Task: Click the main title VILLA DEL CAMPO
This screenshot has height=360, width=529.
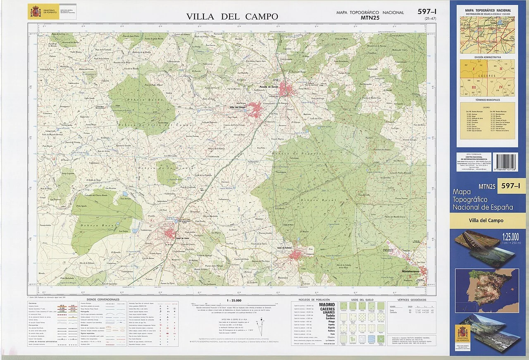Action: coord(232,17)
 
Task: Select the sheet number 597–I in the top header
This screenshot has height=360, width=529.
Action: coord(427,12)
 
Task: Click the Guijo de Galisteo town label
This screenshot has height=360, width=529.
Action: coord(284,248)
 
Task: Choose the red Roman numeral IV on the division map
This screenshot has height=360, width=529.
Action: coord(501,87)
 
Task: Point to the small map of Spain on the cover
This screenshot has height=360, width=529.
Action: coord(487,291)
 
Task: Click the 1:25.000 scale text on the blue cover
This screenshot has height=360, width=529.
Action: coord(510,237)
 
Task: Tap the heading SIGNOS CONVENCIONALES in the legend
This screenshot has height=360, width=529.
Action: coord(103,299)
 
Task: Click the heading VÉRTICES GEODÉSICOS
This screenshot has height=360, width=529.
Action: coord(412,299)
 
